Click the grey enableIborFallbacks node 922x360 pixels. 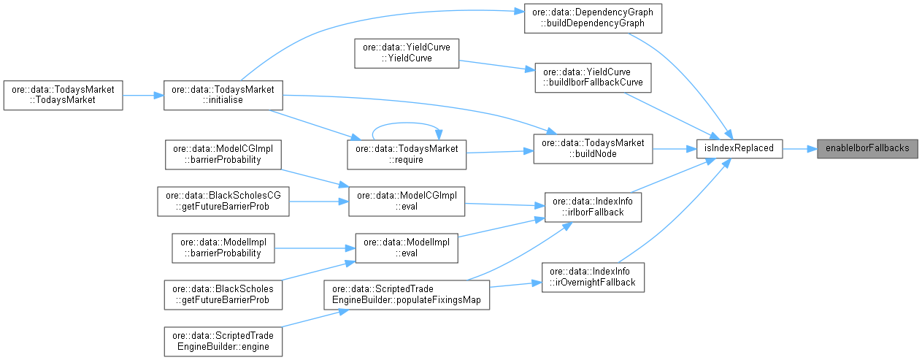tap(867, 148)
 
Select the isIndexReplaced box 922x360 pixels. tap(739, 148)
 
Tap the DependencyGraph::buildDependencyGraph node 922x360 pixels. tap(593, 18)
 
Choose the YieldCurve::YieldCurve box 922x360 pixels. tap(407, 53)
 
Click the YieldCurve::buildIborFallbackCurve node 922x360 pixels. tap(593, 77)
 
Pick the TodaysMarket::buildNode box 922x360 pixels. tap(592, 148)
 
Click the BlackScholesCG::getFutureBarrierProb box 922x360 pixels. tap(223, 201)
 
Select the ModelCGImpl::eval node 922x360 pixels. tap(407, 201)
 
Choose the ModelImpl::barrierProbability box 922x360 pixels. tap(223, 248)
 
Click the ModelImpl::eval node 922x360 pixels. tap(406, 248)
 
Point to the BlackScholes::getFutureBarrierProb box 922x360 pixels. tap(223, 294)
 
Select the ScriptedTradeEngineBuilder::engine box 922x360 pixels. tap(223, 341)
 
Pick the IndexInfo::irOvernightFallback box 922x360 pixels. tap(593, 277)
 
